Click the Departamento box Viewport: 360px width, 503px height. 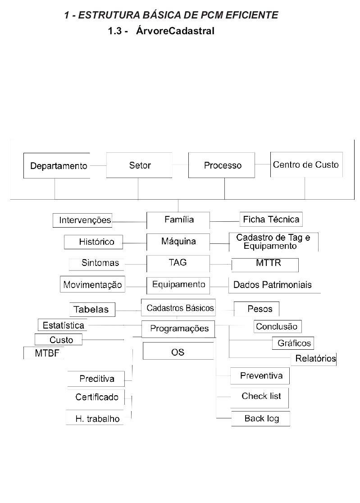pyautogui.click(x=56, y=165)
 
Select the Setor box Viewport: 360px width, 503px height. pyautogui.click(x=139, y=165)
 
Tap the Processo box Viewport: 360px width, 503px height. pyautogui.click(x=222, y=165)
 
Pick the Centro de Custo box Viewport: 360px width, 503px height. pyautogui.click(x=306, y=165)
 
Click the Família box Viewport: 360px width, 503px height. pyautogui.click(x=178, y=220)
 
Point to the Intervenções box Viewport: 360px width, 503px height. pyautogui.click(x=82, y=220)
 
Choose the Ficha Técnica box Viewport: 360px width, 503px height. pyautogui.click(x=271, y=219)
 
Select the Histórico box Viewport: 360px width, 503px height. pyautogui.click(x=93, y=242)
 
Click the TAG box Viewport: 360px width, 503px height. pyautogui.click(x=178, y=263)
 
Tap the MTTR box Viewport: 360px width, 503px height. pyautogui.click(x=265, y=265)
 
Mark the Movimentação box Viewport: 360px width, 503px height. pyautogui.click(x=92, y=284)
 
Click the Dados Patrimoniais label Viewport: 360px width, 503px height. pyautogui.click(x=273, y=285)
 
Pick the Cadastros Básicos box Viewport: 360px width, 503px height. pyautogui.click(x=178, y=308)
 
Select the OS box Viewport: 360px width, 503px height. pyautogui.click(x=178, y=351)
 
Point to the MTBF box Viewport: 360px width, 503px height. pyautogui.click(x=44, y=353)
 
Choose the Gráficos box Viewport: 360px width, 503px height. pyautogui.click(x=293, y=343)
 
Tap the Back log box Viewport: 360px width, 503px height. pyautogui.click(x=260, y=419)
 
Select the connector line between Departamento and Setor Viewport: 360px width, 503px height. pyautogui.click(x=98, y=166)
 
